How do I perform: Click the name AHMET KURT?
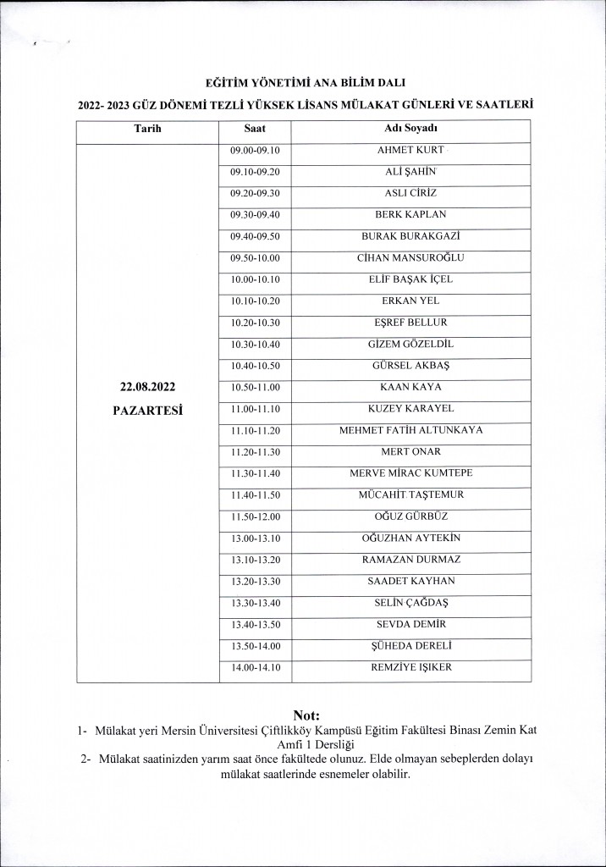410,150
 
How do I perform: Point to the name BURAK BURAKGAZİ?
410,236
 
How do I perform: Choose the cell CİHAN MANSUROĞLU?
410,257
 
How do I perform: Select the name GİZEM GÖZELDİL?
410,344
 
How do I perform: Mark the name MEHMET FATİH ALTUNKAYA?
410,430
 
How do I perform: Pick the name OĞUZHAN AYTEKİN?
410,538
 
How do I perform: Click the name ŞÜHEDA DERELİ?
410,646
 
